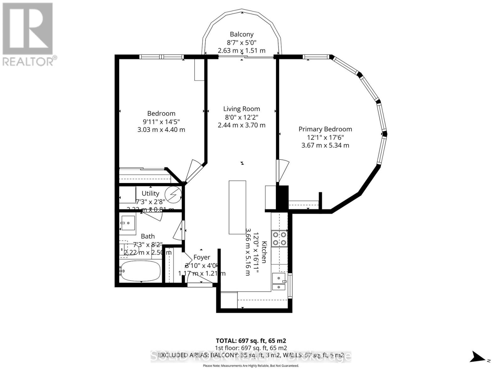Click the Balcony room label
[x=242, y=34]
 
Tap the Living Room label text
[x=242, y=109]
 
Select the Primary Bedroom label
[x=325, y=129]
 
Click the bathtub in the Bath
[x=140, y=271]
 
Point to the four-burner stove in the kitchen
[x=279, y=238]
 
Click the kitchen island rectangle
[x=237, y=207]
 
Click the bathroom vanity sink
[x=128, y=223]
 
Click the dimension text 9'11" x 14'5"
[x=161, y=122]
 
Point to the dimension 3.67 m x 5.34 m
[x=325, y=145]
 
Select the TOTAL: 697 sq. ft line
[x=251, y=341]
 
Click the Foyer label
[x=201, y=257]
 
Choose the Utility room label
[x=150, y=193]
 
